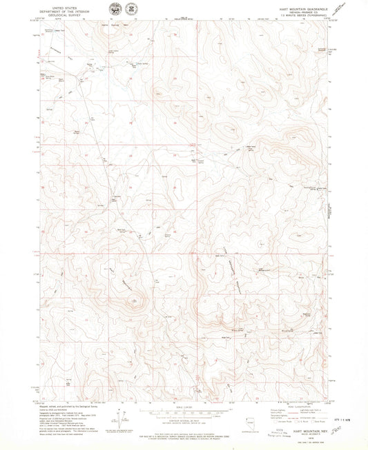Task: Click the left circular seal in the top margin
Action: pos(113,9)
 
